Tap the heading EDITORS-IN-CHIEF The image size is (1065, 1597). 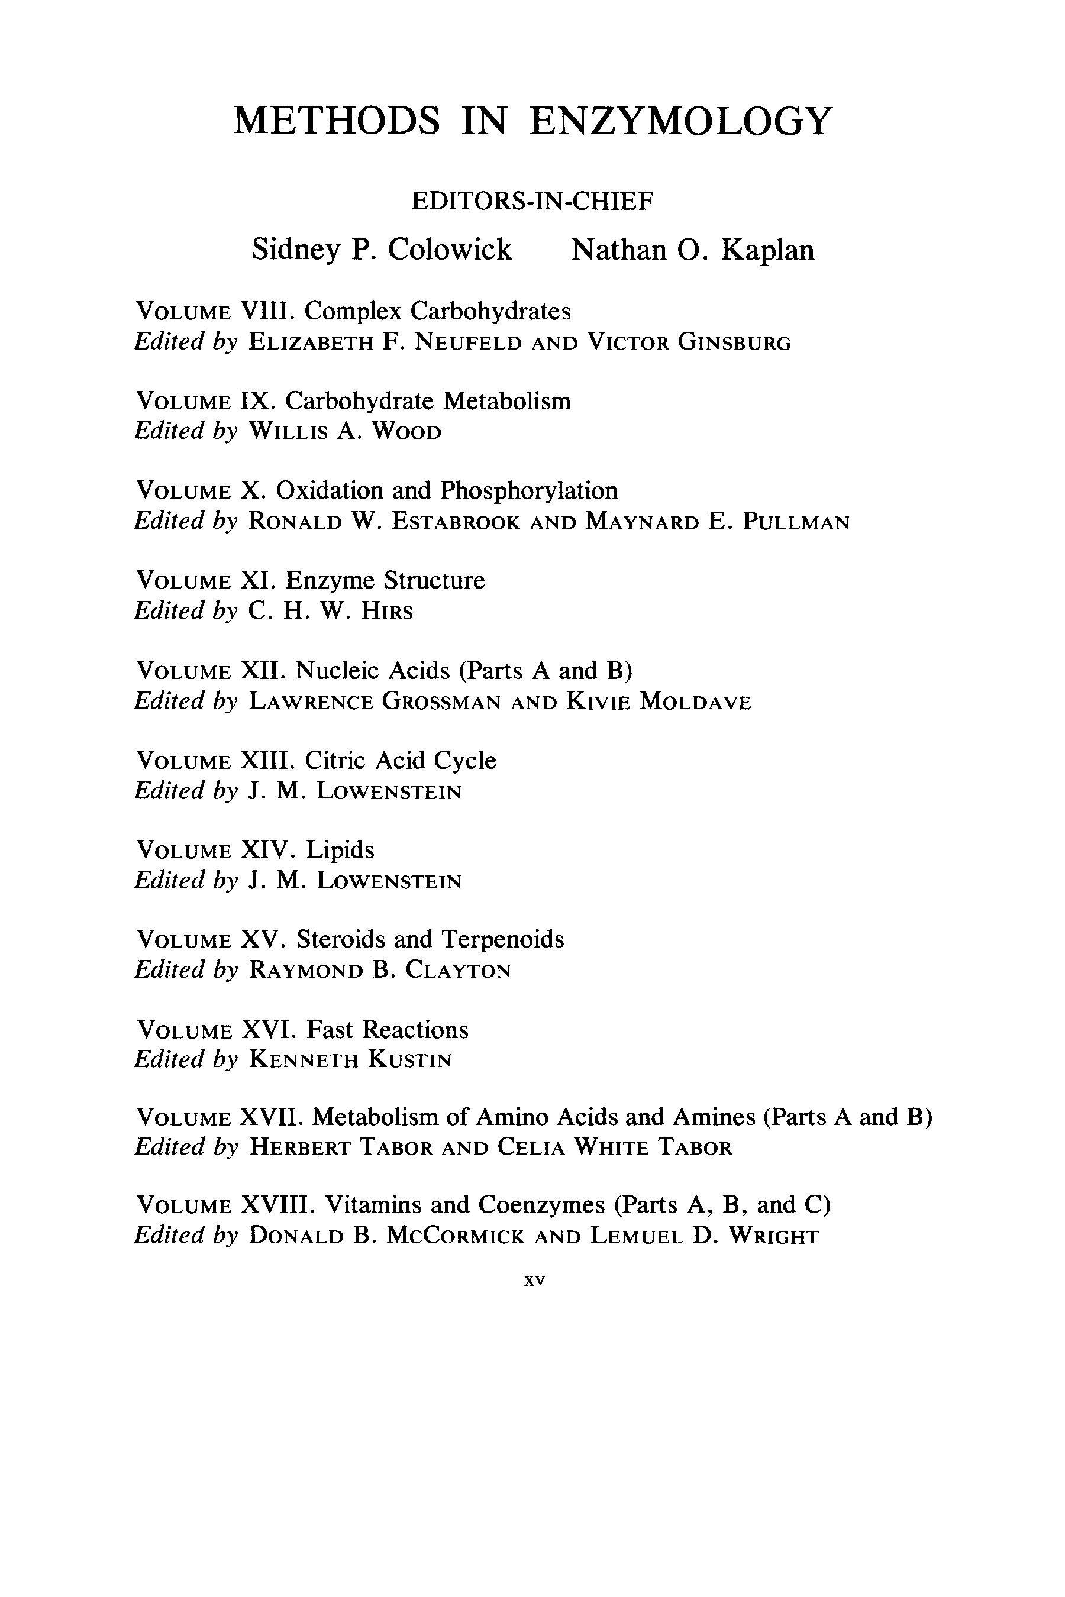pos(532,201)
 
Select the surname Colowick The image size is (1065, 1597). pos(450,250)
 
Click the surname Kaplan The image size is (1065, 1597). pos(767,250)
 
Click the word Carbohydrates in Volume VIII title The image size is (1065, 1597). pos(490,311)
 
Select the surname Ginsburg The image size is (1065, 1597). pos(734,341)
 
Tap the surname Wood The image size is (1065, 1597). pos(406,431)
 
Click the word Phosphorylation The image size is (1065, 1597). pos(528,490)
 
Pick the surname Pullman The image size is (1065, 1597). pos(796,522)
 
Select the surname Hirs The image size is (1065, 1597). pos(386,611)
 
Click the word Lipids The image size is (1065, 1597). pos(340,849)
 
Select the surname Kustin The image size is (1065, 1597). pos(409,1059)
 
